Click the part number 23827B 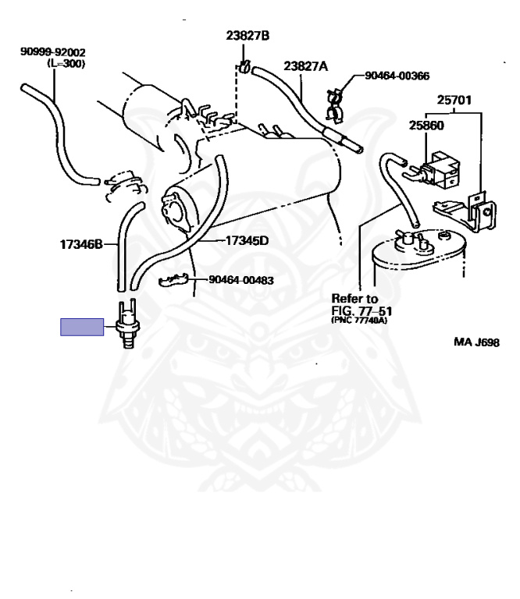[x=248, y=36]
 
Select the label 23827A [x=305, y=66]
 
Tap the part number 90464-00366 [x=397, y=76]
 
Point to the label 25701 [x=454, y=100]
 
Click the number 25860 [x=426, y=126]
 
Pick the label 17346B [x=81, y=244]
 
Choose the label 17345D [x=247, y=241]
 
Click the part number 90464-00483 [x=241, y=280]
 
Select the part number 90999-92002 [x=53, y=51]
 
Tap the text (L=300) [x=66, y=63]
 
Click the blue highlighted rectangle [x=82, y=327]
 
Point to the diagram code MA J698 [x=476, y=342]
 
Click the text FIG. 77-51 [x=362, y=311]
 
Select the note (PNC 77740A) [x=359, y=320]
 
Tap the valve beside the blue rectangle [x=128, y=323]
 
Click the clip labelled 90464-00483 [x=173, y=280]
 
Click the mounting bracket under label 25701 [x=468, y=211]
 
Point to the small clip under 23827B [x=244, y=67]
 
